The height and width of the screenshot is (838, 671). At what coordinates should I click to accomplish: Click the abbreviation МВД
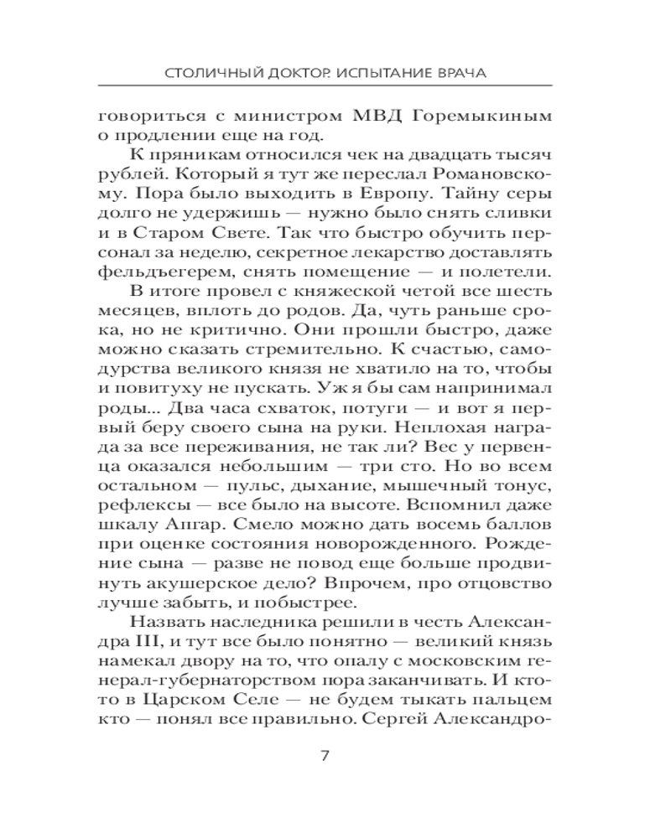(x=378, y=115)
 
